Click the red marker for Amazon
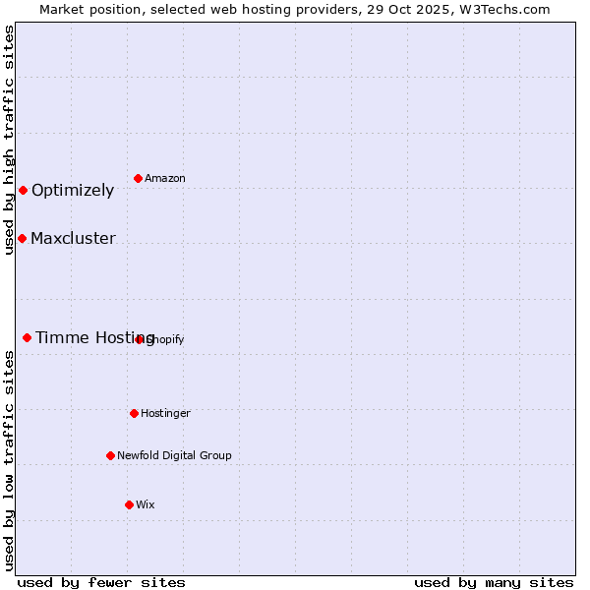138,178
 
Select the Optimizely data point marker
23,190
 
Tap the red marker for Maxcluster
22,238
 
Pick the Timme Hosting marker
27,337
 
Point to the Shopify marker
140,339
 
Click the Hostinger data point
134,413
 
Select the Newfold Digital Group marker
110,455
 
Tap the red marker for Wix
129,504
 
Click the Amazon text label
165,178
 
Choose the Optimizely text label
73,191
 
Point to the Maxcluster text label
73,239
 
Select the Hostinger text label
165,413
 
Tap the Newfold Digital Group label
174,455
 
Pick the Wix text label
146,504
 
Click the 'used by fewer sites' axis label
101,583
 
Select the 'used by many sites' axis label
494,583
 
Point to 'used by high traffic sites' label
9,140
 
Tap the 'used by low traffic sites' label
9,460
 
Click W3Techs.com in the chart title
502,9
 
